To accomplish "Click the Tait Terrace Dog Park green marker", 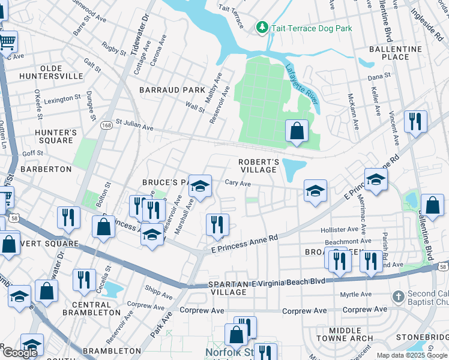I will click(262, 27).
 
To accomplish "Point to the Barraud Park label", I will click(172, 90).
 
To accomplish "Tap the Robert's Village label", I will click(259, 166).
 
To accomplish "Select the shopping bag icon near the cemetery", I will click(297, 130).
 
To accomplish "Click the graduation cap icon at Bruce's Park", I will click(200, 185).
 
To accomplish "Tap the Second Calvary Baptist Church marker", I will click(398, 296).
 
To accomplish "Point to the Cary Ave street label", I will click(238, 184).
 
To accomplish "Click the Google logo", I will click(20, 353).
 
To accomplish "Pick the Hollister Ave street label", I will click(339, 230).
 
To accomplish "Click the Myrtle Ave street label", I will click(357, 295).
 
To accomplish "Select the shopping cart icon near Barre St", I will click(7, 42).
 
